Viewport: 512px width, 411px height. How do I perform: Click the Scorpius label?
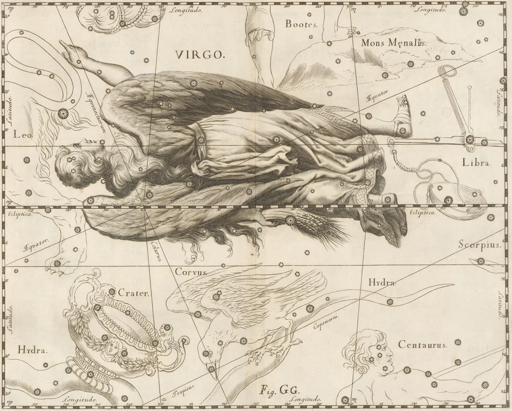(479, 245)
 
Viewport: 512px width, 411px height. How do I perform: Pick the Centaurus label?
(422, 344)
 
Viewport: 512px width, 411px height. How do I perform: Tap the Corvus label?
(191, 271)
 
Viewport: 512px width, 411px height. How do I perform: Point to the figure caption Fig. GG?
(275, 390)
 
